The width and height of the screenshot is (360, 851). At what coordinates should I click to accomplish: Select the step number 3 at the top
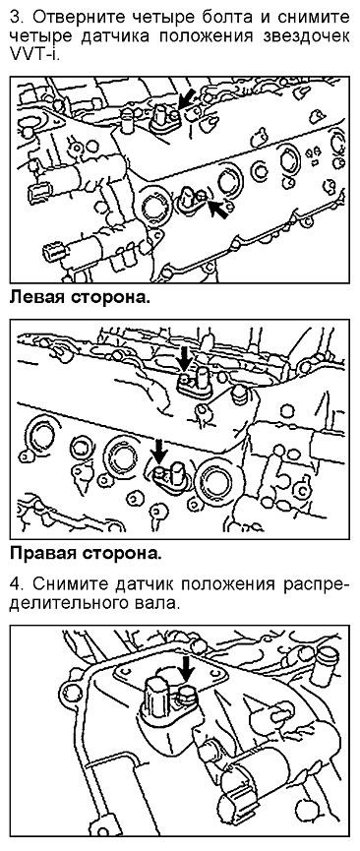(x=16, y=18)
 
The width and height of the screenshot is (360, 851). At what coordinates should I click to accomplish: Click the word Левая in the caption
(x=38, y=298)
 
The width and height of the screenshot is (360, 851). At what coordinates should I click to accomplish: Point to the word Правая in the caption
(x=44, y=554)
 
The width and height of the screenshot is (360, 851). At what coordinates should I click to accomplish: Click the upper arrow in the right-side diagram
(x=185, y=359)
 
